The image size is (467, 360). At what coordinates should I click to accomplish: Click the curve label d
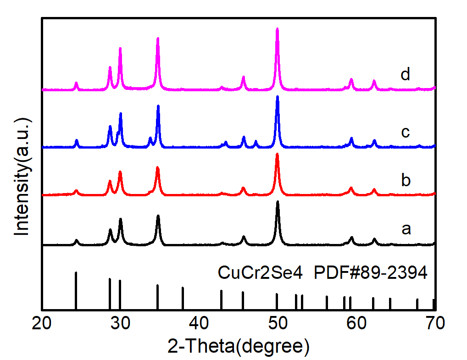[405, 74]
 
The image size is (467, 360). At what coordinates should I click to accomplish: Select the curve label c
[405, 132]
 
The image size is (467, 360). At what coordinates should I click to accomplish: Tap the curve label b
[405, 180]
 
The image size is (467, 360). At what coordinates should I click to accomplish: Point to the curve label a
[406, 228]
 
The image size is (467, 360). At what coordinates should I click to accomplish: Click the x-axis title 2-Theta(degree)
[238, 345]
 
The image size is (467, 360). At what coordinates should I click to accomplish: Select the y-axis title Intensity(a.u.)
[22, 177]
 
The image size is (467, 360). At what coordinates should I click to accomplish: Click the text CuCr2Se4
[260, 273]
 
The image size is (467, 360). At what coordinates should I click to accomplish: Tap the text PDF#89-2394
[371, 273]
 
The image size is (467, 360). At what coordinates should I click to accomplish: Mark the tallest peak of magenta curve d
[277, 29]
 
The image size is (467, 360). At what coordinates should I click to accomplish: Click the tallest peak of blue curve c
[277, 97]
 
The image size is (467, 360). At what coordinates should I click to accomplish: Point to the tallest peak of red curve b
[277, 154]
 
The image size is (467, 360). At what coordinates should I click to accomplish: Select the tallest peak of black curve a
[278, 202]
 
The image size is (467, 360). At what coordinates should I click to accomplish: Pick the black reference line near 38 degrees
[183, 298]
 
